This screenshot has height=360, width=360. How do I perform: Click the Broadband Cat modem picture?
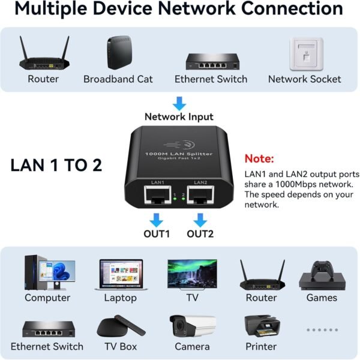(118, 54)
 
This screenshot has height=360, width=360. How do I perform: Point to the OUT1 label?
(156, 234)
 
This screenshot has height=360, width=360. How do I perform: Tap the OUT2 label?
(200, 234)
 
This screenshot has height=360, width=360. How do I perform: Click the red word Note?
(259, 160)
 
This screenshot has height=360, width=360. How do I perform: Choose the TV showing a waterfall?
(192, 274)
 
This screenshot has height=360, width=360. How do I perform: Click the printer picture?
(262, 326)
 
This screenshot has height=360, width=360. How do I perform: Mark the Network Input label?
(179, 117)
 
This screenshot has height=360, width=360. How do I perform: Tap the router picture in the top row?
(43, 55)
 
